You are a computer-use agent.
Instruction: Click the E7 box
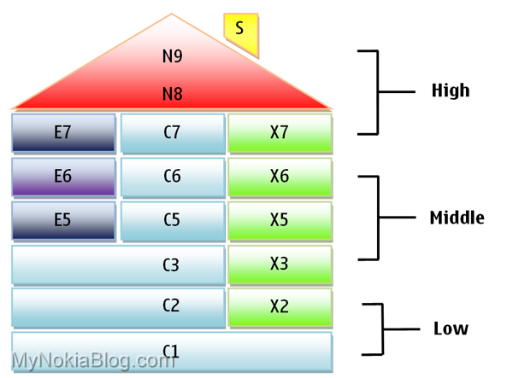coord(63,133)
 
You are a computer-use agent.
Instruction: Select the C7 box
coord(172,133)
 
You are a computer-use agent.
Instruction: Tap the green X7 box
coord(280,133)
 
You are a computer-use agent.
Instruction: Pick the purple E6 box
coord(63,177)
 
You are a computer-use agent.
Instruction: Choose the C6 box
coord(172,177)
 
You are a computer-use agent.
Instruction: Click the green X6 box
coord(280,177)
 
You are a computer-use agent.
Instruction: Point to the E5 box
coord(63,220)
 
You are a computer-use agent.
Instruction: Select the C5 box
coord(172,220)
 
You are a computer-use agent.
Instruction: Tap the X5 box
coord(280,220)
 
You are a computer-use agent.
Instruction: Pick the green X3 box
coord(280,264)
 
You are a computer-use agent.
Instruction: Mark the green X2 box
coord(280,307)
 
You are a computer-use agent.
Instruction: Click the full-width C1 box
coord(171,351)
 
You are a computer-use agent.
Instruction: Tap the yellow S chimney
coord(239,29)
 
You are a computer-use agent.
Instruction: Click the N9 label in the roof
coord(172,57)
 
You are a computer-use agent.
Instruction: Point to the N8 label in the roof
coord(172,94)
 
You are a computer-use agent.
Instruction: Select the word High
coord(451,90)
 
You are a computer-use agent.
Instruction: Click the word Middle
coord(457,218)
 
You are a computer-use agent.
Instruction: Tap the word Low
coord(451,329)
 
